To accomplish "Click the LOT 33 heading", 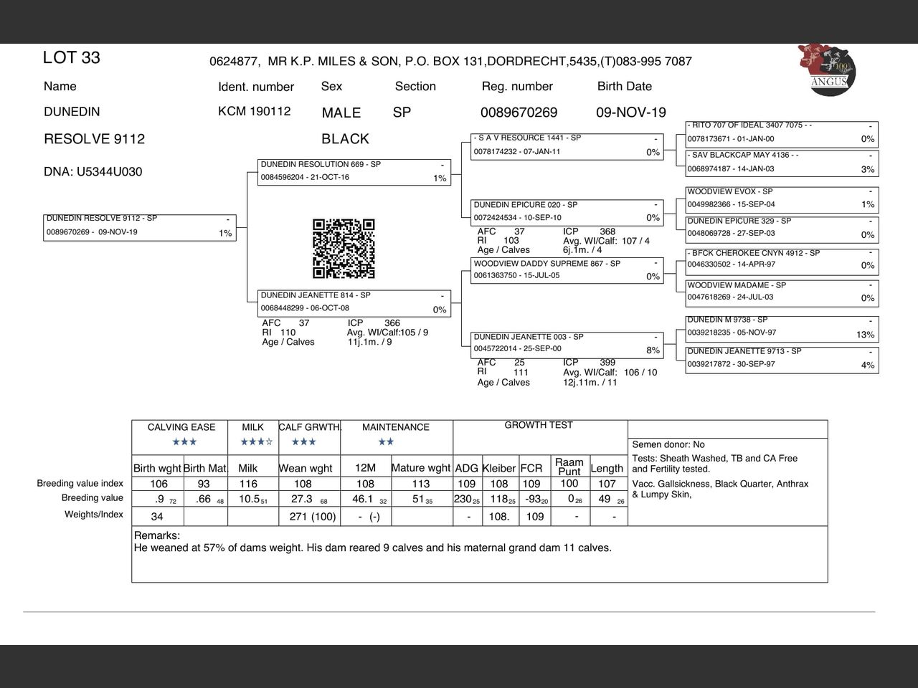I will (71, 58).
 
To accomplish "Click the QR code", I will (344, 249).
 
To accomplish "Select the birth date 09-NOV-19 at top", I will (630, 113).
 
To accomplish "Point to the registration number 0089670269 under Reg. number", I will (519, 113).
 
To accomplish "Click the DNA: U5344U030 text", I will (93, 172).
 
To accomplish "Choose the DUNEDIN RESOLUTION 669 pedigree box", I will (354, 171).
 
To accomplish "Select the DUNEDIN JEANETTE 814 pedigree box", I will (354, 302).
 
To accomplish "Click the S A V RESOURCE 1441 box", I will (567, 145).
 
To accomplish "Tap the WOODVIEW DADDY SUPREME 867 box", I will (567, 270).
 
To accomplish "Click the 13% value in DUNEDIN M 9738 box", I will (865, 335).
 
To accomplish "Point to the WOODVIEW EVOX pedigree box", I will (781, 199).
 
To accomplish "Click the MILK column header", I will (252, 427).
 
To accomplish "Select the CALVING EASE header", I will (181, 427).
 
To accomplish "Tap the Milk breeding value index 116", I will (248, 484).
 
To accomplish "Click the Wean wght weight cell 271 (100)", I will (313, 517).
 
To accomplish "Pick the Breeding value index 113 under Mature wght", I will (420, 484).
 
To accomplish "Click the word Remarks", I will (156, 535).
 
